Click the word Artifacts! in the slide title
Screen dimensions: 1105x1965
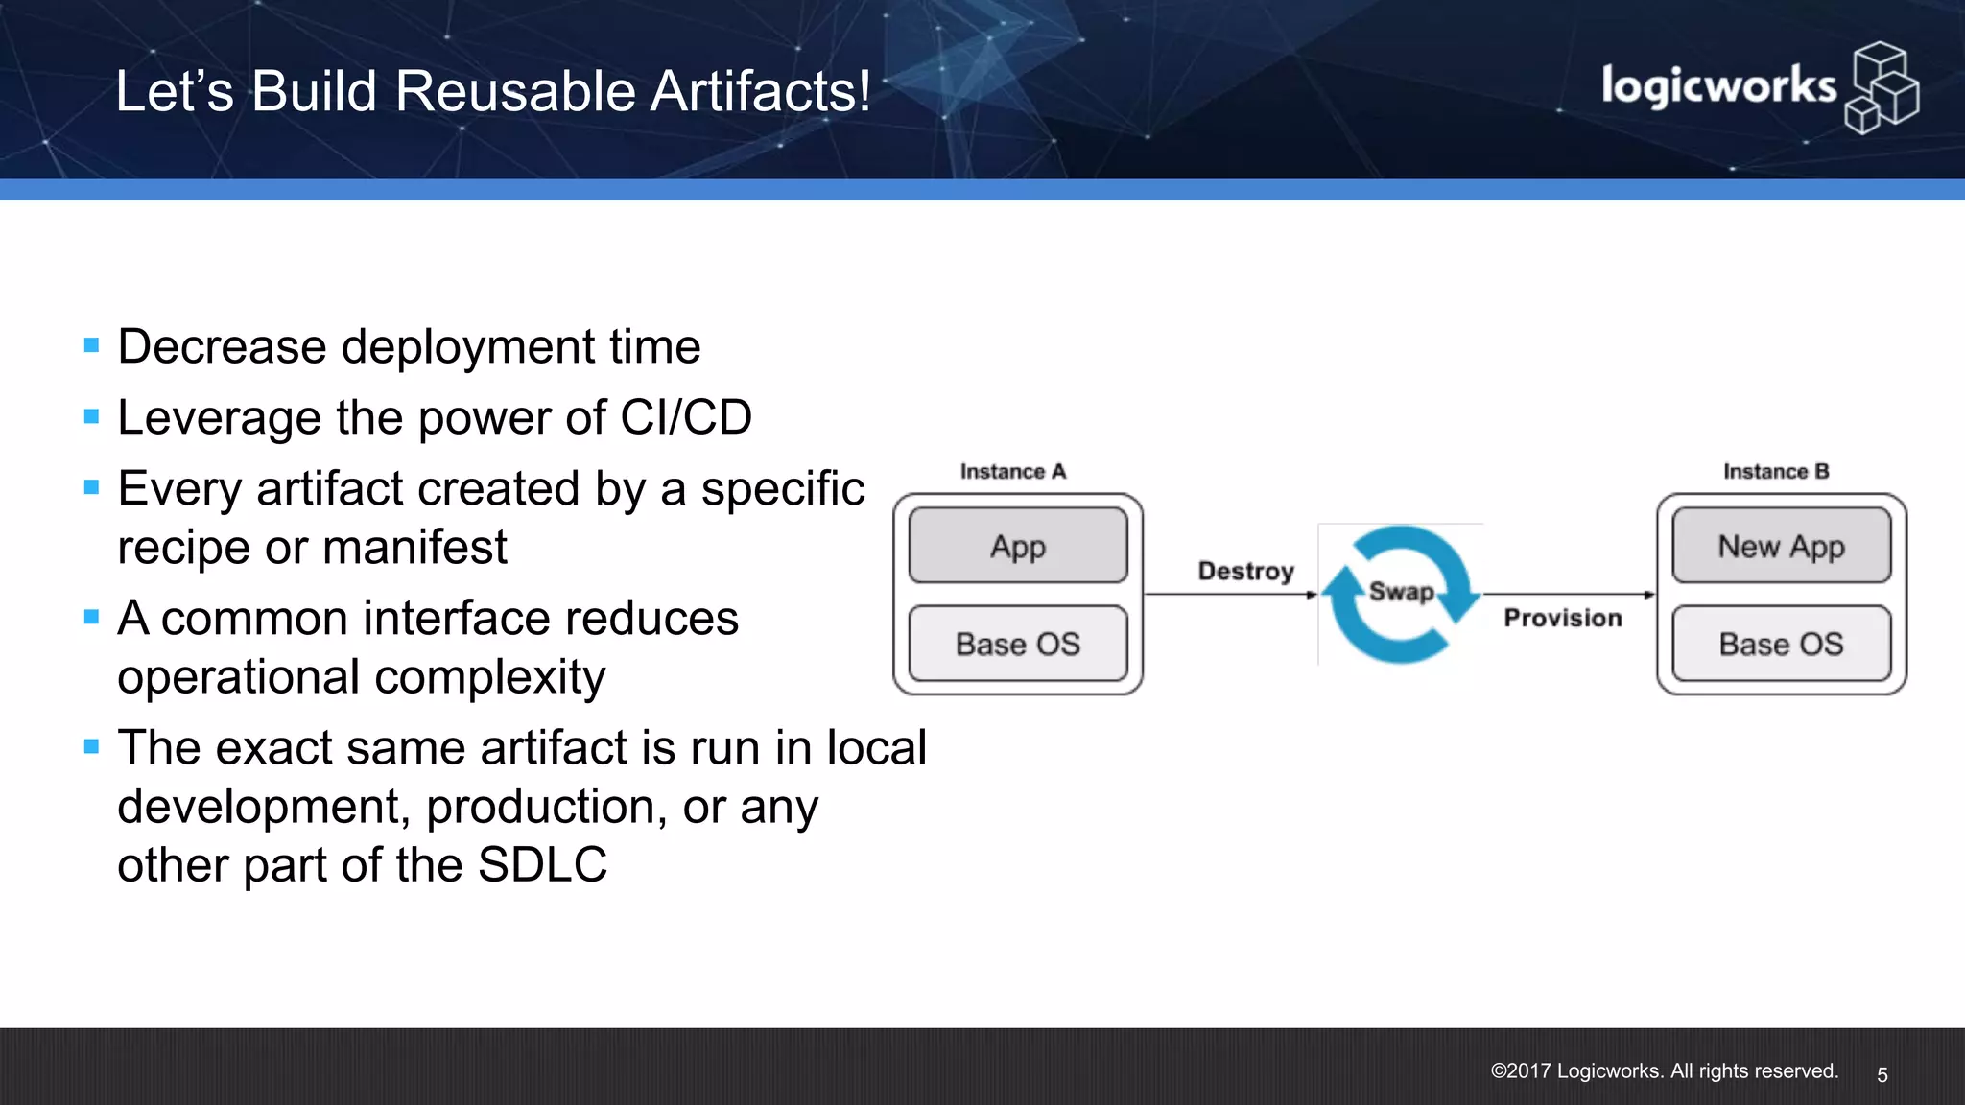[760, 92]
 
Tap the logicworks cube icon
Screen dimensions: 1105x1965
[1882, 87]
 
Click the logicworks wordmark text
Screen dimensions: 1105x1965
[1717, 87]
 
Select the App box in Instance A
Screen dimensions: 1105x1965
[1018, 546]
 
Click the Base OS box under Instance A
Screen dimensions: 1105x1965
[1018, 644]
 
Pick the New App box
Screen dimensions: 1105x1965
[1781, 546]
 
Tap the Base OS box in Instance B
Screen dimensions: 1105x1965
[1781, 644]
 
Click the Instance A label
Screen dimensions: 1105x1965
[1012, 471]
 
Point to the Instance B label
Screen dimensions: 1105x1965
[1776, 471]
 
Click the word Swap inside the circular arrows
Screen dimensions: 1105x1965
[1401, 591]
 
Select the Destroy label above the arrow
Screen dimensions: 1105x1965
[1245, 572]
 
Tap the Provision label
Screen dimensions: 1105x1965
[1562, 618]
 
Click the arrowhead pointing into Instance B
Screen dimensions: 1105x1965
[1649, 595]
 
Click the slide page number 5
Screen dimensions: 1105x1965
[1882, 1075]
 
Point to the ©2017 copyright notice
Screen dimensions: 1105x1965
[1664, 1071]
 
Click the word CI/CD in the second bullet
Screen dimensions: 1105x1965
[686, 418]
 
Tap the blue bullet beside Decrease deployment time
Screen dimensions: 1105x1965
[92, 345]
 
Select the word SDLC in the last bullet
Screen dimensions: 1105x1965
[542, 865]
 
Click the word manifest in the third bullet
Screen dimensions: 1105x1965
[414, 548]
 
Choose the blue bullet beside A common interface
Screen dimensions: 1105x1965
[92, 617]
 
